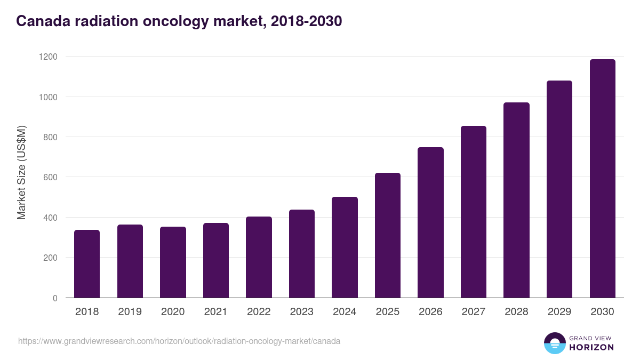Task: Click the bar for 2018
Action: click(x=87, y=264)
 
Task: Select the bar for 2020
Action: click(x=173, y=262)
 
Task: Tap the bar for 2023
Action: click(x=302, y=254)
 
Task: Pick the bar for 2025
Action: click(x=388, y=235)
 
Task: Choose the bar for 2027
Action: click(x=474, y=212)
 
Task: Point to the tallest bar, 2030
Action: click(x=602, y=179)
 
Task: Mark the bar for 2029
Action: click(x=559, y=189)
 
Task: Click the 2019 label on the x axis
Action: click(x=130, y=312)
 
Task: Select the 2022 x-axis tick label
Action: click(x=259, y=312)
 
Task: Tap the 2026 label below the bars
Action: click(x=430, y=312)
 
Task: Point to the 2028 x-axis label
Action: click(x=516, y=312)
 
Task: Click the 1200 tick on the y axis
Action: click(x=49, y=57)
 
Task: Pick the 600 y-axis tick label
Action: click(x=51, y=177)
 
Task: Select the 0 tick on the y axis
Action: click(x=55, y=298)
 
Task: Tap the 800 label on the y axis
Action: click(x=51, y=137)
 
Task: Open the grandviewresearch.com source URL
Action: click(x=179, y=341)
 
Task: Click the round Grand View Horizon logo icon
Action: click(x=554, y=343)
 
